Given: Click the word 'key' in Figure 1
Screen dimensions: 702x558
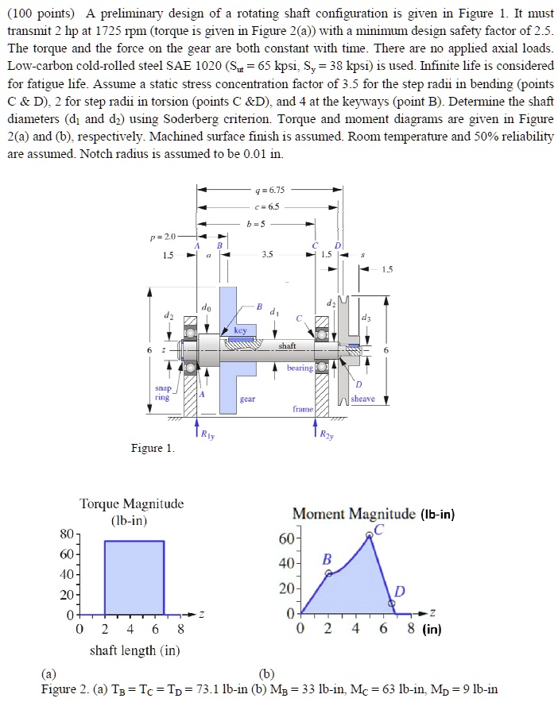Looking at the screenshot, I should click(241, 330).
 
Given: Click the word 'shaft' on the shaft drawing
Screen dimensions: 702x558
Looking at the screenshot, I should click(287, 345).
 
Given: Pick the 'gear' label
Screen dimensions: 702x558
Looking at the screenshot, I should click(247, 399).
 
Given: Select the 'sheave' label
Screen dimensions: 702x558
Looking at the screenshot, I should click(362, 399).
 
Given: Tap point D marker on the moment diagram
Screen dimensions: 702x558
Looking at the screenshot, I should click(390, 604).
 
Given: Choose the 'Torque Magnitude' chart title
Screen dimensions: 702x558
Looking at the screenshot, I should click(132, 503).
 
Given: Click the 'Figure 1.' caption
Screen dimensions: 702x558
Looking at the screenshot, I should click(152, 448).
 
